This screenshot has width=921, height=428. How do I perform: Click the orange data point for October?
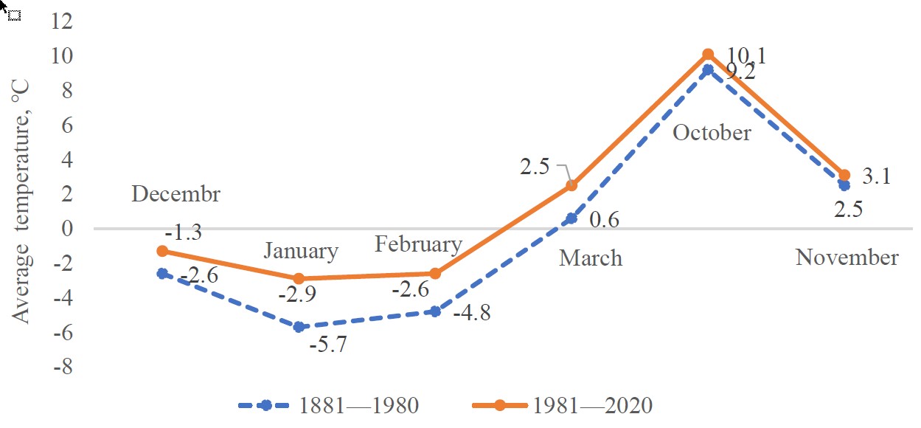click(708, 55)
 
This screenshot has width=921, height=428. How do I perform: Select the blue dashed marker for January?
click(299, 327)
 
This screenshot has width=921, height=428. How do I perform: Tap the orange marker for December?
click(163, 251)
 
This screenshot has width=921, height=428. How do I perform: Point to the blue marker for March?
click(571, 218)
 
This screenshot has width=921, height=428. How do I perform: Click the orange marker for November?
click(844, 176)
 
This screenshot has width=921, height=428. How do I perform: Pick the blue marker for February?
click(435, 311)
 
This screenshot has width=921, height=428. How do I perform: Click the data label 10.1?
click(747, 55)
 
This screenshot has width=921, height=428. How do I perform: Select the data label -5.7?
click(328, 344)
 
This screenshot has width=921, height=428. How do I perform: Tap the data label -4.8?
click(472, 313)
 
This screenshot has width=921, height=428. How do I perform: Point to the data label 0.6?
click(604, 220)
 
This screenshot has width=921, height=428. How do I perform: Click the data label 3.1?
click(876, 176)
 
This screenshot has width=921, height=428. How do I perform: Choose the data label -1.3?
click(184, 232)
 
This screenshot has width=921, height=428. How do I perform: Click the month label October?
click(712, 133)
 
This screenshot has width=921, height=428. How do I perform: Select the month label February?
click(419, 245)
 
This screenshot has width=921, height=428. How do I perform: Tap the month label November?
click(847, 258)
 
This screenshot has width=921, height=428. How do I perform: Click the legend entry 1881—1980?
click(329, 405)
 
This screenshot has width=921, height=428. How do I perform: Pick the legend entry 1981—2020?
click(563, 405)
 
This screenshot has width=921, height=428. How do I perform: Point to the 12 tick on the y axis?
click(62, 21)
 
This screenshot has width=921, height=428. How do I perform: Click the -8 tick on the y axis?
click(63, 366)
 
